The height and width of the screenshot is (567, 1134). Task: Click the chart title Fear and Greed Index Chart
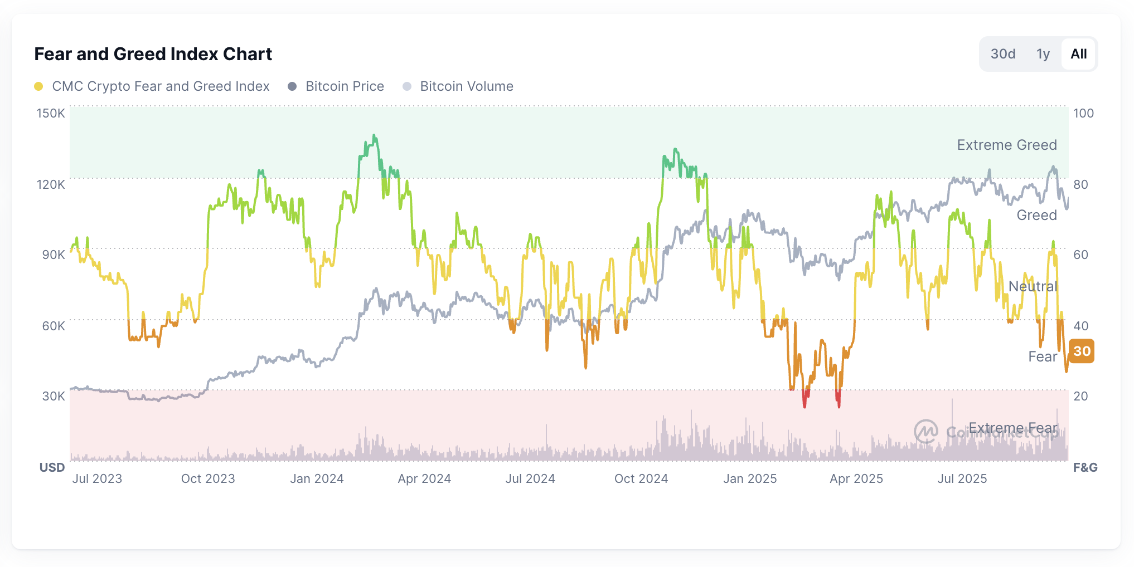click(x=153, y=54)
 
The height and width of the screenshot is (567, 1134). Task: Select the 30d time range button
click(x=1002, y=54)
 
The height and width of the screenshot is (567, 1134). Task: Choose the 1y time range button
click(x=1043, y=54)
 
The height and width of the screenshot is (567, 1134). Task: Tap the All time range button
click(x=1078, y=54)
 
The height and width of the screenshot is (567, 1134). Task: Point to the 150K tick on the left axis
click(x=51, y=113)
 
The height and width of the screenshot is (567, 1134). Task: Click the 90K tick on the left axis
click(x=54, y=255)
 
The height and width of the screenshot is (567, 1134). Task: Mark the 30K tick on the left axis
click(x=54, y=396)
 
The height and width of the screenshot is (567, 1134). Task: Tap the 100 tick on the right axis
click(x=1083, y=113)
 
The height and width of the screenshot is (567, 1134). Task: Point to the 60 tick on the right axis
click(x=1080, y=255)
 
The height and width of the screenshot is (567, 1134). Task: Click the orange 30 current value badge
click(x=1082, y=351)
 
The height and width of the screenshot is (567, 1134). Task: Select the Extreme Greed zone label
click(x=1007, y=145)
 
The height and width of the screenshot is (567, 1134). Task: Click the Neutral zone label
click(x=1033, y=286)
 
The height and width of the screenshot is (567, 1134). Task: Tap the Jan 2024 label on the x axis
click(x=317, y=478)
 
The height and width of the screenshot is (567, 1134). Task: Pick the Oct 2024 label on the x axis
click(x=641, y=478)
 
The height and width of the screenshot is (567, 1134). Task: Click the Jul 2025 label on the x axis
click(x=962, y=478)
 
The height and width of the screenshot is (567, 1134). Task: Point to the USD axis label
click(x=52, y=467)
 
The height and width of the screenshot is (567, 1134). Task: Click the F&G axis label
click(x=1085, y=467)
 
